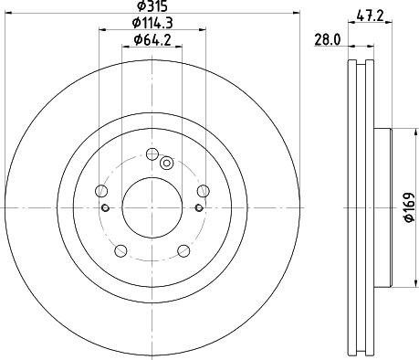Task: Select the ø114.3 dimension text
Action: click(152, 23)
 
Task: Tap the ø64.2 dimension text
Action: click(152, 40)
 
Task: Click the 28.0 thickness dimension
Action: click(327, 40)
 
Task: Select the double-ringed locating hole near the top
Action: click(166, 164)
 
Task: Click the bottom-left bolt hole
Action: click(119, 251)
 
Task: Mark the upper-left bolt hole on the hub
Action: click(100, 190)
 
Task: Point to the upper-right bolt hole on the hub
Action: click(203, 190)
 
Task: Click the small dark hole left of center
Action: click(107, 207)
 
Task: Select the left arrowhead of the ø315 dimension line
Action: click(6, 12)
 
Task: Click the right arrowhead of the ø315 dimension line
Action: click(297, 12)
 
